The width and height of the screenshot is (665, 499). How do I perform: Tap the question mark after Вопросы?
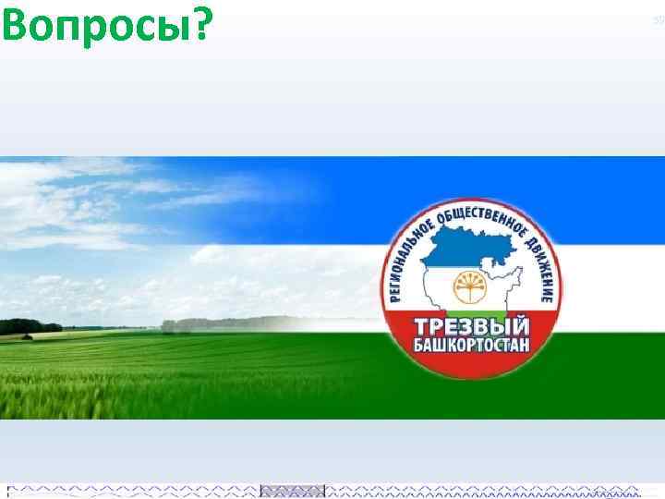tap(198, 26)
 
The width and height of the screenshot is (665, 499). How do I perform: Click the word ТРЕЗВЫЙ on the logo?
tap(472, 327)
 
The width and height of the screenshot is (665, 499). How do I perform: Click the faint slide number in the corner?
tap(659, 18)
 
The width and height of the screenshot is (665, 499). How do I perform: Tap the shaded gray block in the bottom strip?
tap(292, 490)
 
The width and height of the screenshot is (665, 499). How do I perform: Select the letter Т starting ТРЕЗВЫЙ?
tap(421, 327)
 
